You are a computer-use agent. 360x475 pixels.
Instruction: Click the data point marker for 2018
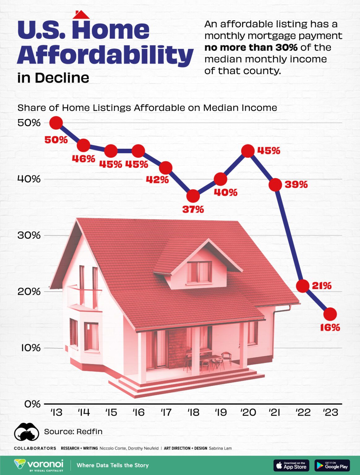click(x=193, y=196)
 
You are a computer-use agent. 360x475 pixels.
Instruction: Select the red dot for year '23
click(x=330, y=314)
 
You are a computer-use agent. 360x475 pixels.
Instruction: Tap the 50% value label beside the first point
click(x=56, y=140)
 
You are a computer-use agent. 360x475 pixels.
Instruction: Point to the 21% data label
click(x=322, y=286)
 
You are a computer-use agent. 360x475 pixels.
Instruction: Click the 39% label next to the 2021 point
click(x=296, y=185)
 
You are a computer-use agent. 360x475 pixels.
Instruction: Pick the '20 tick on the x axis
click(x=248, y=413)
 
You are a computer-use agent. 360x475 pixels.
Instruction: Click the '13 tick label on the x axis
click(x=56, y=413)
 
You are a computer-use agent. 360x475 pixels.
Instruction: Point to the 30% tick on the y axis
click(x=29, y=235)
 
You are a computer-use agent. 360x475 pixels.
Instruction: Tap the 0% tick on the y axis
click(x=32, y=404)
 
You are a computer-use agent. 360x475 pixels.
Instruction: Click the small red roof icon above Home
click(x=81, y=15)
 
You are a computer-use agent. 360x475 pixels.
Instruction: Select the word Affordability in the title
click(x=105, y=55)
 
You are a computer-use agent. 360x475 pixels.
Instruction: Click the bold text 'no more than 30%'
click(x=251, y=48)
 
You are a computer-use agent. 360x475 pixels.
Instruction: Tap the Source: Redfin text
click(x=73, y=431)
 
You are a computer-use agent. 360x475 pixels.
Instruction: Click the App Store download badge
click(x=291, y=465)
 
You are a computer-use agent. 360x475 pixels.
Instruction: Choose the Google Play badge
click(x=332, y=465)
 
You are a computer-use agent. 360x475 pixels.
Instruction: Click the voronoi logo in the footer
click(x=39, y=465)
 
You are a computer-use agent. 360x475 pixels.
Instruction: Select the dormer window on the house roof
click(x=199, y=272)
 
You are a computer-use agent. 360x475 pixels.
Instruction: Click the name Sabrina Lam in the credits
click(x=220, y=448)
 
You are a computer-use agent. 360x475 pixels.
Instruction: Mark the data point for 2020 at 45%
click(x=248, y=151)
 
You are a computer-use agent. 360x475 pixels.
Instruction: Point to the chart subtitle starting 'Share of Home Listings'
click(x=147, y=108)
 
